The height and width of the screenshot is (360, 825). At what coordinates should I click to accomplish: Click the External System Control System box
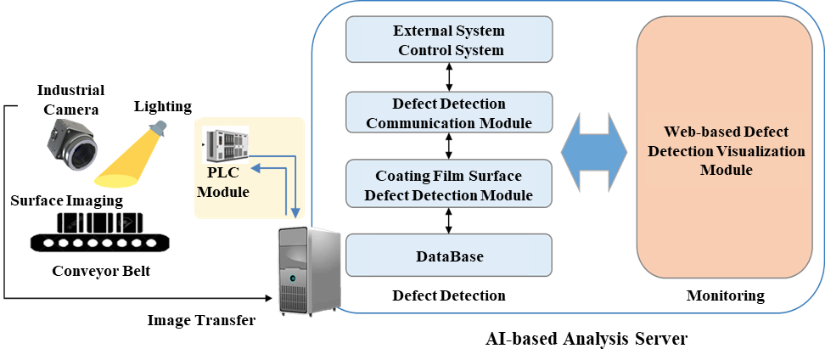(x=449, y=40)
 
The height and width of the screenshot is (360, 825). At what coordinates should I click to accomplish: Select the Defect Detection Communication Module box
(x=449, y=113)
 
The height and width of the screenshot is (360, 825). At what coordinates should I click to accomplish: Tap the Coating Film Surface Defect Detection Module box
(x=449, y=185)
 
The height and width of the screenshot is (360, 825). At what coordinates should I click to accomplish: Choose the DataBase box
(x=449, y=256)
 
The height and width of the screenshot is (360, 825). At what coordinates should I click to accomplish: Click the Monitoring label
(x=725, y=295)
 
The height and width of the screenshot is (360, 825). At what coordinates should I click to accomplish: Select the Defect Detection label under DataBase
(x=449, y=295)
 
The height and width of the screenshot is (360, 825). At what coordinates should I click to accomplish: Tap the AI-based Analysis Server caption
(x=586, y=339)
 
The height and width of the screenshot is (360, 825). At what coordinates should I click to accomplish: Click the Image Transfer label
(x=200, y=320)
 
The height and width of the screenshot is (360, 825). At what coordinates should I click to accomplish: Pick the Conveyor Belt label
(x=101, y=272)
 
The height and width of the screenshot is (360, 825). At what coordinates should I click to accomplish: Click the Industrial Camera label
(x=70, y=99)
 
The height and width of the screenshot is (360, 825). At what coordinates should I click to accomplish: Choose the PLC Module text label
(x=222, y=183)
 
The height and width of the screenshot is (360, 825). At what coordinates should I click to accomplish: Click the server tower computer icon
(x=308, y=270)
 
